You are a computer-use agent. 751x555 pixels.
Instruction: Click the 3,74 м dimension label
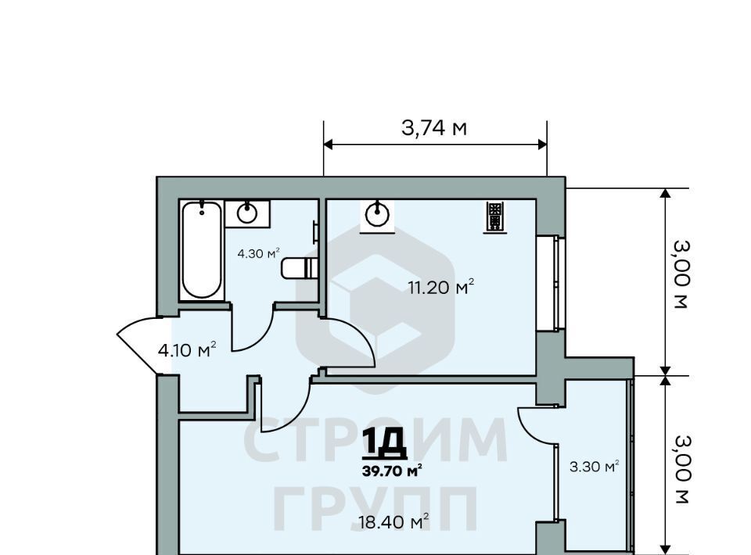click(x=434, y=128)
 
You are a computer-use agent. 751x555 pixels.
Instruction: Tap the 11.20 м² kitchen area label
click(x=440, y=287)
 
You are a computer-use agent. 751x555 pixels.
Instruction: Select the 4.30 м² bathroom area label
click(x=258, y=253)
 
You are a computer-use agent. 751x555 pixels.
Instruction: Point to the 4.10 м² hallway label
click(x=187, y=349)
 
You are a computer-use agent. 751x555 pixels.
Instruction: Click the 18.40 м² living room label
click(x=393, y=521)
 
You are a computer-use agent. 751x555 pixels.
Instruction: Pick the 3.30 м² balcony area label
click(x=594, y=466)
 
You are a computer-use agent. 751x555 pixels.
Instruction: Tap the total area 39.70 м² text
click(x=392, y=471)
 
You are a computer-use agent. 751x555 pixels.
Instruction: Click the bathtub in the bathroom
click(x=202, y=250)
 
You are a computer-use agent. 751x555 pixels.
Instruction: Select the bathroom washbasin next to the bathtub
click(x=247, y=213)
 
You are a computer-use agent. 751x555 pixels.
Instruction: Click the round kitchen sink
click(x=377, y=215)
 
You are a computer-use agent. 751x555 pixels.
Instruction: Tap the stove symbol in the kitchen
click(x=494, y=217)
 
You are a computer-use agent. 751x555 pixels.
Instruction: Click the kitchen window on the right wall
click(x=551, y=283)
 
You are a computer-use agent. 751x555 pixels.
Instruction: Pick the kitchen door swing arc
click(x=352, y=341)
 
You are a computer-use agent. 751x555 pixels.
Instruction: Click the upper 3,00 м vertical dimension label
click(x=681, y=274)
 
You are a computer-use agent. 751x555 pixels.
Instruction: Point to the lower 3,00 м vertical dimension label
click(x=681, y=469)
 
